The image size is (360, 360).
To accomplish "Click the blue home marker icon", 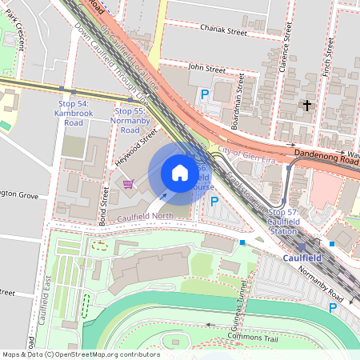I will [x=180, y=173].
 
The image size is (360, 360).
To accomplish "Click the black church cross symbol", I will [x=306, y=105].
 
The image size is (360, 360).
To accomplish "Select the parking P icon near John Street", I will [x=204, y=94].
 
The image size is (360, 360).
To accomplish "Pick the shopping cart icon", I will [x=128, y=185].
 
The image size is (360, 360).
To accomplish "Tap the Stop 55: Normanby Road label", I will [x=129, y=120].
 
